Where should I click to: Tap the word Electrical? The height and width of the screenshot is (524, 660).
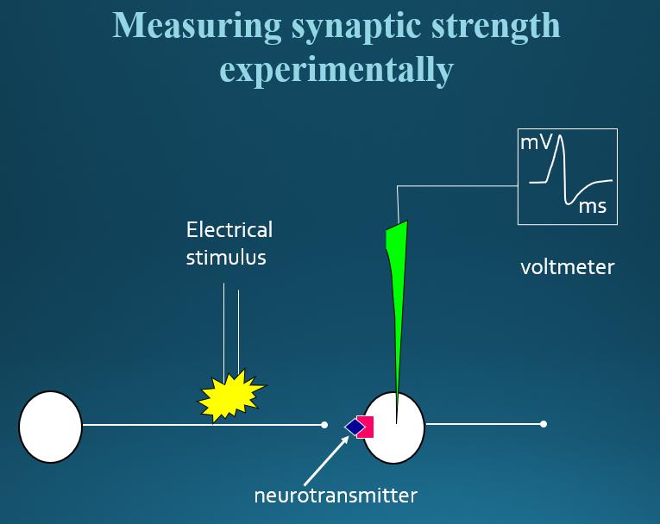pyautogui.click(x=229, y=230)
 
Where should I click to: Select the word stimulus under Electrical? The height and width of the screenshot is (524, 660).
pyautogui.click(x=226, y=257)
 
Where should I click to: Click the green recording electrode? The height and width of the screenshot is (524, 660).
pyautogui.click(x=398, y=284)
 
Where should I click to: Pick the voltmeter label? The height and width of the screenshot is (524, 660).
pyautogui.click(x=568, y=267)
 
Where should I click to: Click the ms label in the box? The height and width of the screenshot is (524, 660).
pyautogui.click(x=592, y=206)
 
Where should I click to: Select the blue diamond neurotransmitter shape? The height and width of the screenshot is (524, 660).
pyautogui.click(x=354, y=426)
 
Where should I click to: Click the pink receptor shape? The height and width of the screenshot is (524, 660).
pyautogui.click(x=366, y=427)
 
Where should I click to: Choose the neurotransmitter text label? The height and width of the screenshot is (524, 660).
pyautogui.click(x=336, y=496)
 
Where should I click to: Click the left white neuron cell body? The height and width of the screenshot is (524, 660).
pyautogui.click(x=50, y=427)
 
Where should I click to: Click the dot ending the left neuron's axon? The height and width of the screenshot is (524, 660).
pyautogui.click(x=324, y=425)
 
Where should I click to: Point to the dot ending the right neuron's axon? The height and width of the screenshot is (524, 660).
pyautogui.click(x=544, y=424)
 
